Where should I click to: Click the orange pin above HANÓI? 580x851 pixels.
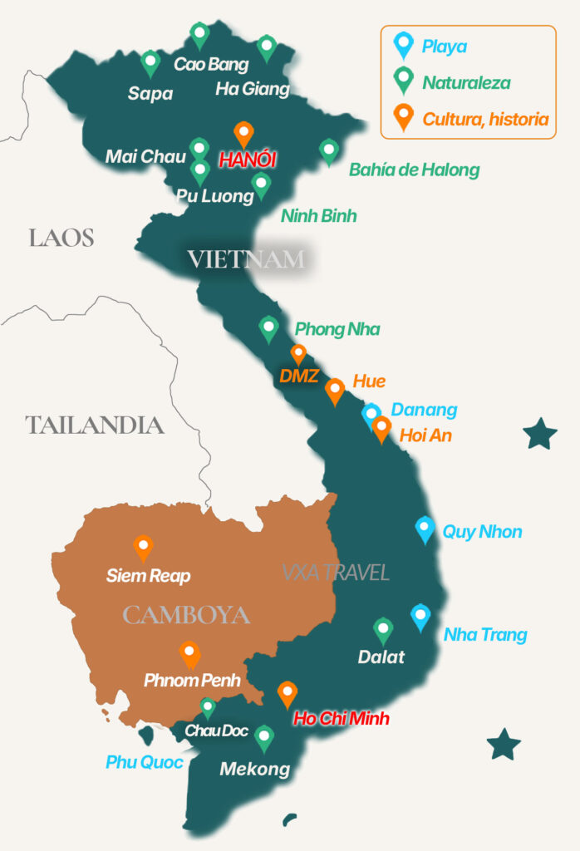[x=243, y=133]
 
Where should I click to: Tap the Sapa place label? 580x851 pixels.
[x=150, y=93]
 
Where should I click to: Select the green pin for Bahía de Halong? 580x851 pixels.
[x=329, y=151]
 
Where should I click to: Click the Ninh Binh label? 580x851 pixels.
[x=318, y=216]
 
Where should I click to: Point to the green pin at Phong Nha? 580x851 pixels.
[x=268, y=327]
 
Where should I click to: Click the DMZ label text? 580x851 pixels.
[x=299, y=376]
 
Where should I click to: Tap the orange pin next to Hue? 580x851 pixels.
[x=335, y=390]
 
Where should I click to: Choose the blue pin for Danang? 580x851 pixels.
[x=371, y=414]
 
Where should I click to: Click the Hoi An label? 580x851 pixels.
[x=425, y=435]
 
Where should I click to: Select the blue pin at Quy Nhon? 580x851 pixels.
[x=425, y=529]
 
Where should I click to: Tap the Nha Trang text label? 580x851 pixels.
[x=485, y=635]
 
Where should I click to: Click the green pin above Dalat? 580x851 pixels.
[x=383, y=630]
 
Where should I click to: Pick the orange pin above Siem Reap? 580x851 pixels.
[x=144, y=548]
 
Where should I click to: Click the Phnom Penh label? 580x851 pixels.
[x=192, y=681]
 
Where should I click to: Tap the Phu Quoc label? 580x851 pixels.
[x=145, y=762]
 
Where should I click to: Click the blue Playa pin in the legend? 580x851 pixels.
[x=403, y=44]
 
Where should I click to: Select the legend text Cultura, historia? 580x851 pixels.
[x=485, y=119]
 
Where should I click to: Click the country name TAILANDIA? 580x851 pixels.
[x=95, y=425]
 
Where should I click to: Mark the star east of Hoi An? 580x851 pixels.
[x=540, y=434]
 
